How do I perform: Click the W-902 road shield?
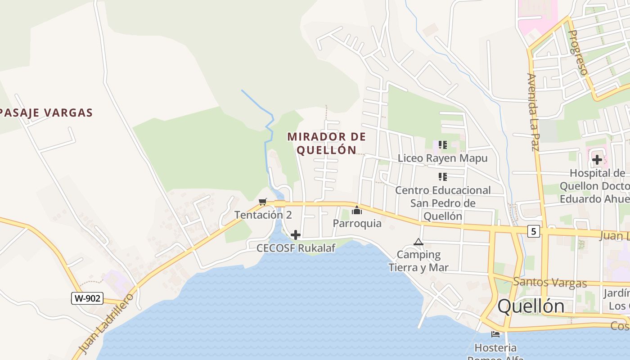coord(87,298)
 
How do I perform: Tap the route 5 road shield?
coord(534,231)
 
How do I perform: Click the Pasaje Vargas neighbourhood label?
coord(46,113)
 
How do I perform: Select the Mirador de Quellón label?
coord(327,143)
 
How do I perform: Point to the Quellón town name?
coord(531,306)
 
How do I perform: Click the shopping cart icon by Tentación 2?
coord(263,202)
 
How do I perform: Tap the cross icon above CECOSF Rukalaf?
coord(296,235)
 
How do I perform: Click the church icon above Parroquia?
coord(357,210)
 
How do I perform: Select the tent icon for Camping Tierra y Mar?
coord(418,242)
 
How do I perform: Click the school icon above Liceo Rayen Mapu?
coord(443,145)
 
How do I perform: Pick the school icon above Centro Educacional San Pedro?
coord(443,177)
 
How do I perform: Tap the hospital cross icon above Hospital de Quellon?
coord(597,160)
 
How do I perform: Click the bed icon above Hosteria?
coord(495,334)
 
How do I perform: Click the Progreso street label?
coord(578,53)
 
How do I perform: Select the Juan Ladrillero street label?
coord(107,323)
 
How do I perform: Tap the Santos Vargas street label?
coord(550,283)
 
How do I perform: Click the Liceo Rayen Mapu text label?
coord(442,158)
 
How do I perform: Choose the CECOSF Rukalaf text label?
coord(296,248)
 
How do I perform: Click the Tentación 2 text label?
coord(263,215)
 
